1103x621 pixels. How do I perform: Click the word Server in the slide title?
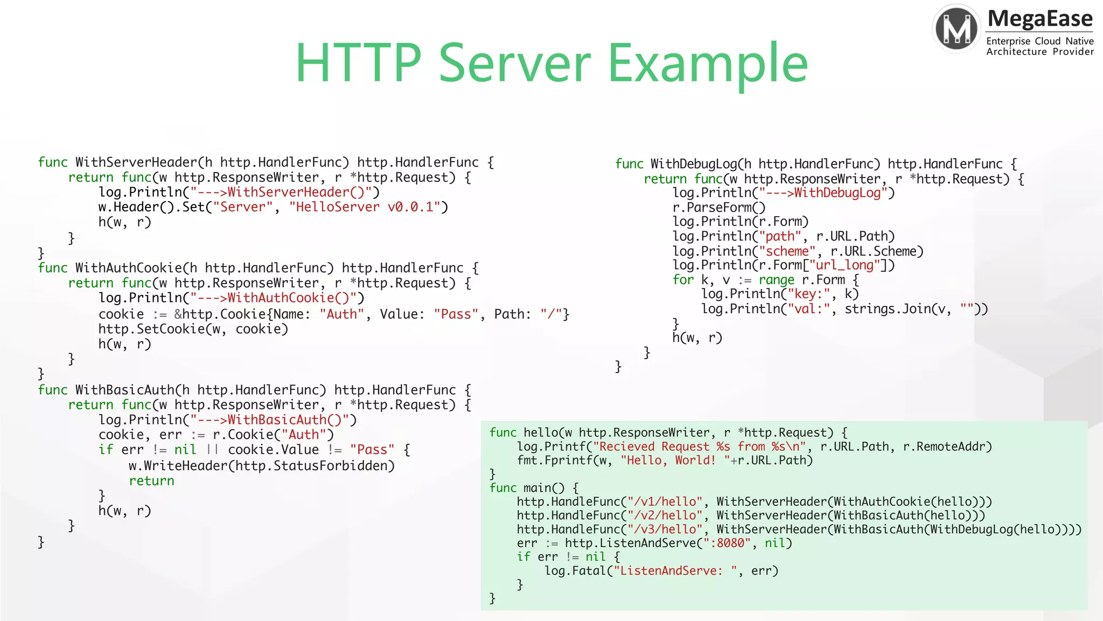coord(514,64)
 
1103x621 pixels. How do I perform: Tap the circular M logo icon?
coord(957,29)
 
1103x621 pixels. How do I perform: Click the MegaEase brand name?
coord(1040,19)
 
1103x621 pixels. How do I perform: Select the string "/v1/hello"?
coord(665,501)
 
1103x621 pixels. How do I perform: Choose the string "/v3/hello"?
coord(665,529)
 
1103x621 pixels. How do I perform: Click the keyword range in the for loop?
coord(776,280)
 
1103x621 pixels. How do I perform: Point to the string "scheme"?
coord(787,251)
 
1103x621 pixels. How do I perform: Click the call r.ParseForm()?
coord(718,208)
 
